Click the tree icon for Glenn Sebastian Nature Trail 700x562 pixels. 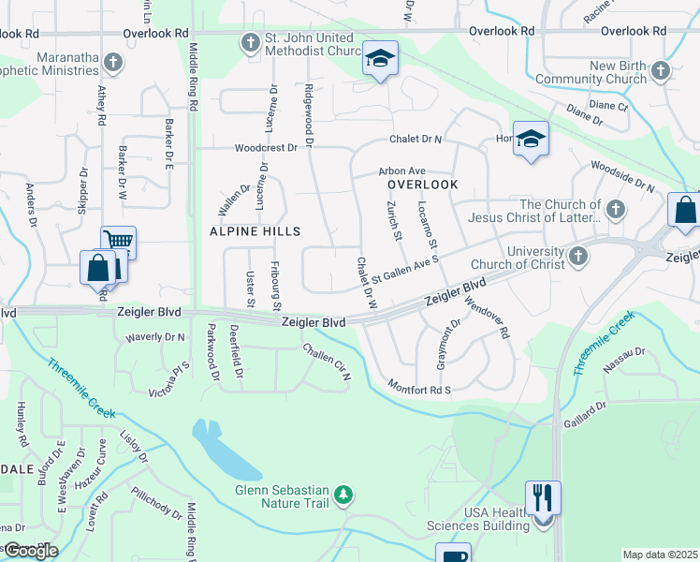pyautogui.click(x=344, y=495)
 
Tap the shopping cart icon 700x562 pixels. pyautogui.click(x=118, y=242)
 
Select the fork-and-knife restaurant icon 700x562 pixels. pyautogui.click(x=543, y=496)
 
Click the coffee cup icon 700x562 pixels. pyautogui.click(x=453, y=555)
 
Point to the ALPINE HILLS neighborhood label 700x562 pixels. pyautogui.click(x=255, y=230)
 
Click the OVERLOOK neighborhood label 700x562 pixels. pyautogui.click(x=423, y=185)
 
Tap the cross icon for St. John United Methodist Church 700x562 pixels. pyautogui.click(x=250, y=42)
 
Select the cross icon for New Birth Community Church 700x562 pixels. pyautogui.click(x=661, y=71)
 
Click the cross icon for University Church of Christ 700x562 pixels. pyautogui.click(x=578, y=255)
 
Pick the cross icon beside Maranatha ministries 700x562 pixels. pyautogui.click(x=112, y=63)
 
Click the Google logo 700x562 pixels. pyautogui.click(x=30, y=551)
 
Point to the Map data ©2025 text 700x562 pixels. pyautogui.click(x=659, y=555)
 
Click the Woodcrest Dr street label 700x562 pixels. pyautogui.click(x=266, y=148)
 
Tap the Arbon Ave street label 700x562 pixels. pyautogui.click(x=401, y=171)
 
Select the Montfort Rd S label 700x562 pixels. pyautogui.click(x=419, y=388)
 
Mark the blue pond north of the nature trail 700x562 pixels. pyautogui.click(x=223, y=448)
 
